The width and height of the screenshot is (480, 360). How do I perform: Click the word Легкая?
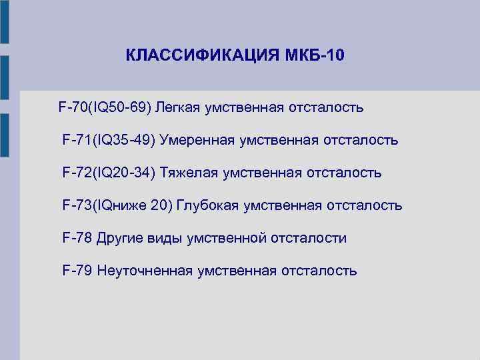tap(180, 107)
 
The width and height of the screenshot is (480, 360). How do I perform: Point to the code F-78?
tap(77, 238)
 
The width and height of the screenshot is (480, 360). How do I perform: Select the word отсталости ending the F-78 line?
tap(309, 238)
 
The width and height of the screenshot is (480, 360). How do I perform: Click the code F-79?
tap(77, 271)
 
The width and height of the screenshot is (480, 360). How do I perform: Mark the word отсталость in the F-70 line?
tap(325, 107)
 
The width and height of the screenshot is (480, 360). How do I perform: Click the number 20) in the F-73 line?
tap(161, 205)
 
